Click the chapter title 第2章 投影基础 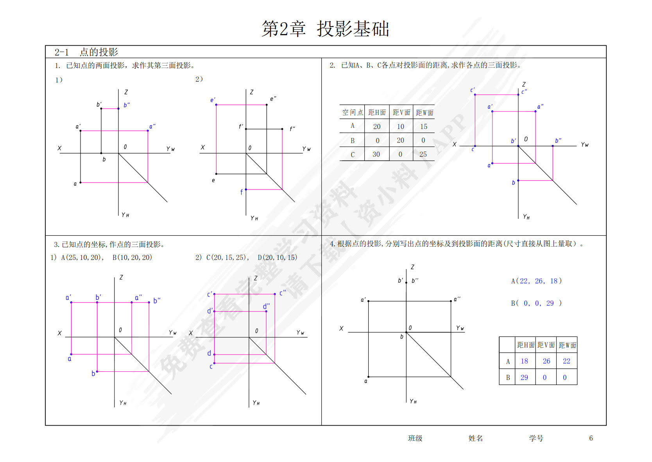click(x=325, y=29)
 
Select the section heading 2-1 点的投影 click(x=86, y=52)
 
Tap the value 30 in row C click(x=376, y=154)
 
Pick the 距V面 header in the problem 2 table click(x=401, y=113)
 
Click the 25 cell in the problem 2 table click(x=423, y=154)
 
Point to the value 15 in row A click(x=424, y=127)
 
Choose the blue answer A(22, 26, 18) click(x=536, y=281)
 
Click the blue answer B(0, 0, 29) click(x=536, y=303)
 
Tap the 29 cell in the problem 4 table click(x=524, y=378)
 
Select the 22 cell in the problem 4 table click(x=566, y=361)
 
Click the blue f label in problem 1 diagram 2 click(x=242, y=192)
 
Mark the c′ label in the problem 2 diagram click(x=473, y=90)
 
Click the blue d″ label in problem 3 click(x=266, y=306)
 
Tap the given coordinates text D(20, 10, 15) click(x=277, y=258)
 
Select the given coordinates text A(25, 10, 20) click(x=82, y=258)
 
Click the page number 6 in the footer click(x=591, y=438)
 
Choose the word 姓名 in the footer click(x=475, y=438)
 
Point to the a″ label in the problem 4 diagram click(x=457, y=299)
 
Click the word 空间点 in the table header click(x=352, y=113)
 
